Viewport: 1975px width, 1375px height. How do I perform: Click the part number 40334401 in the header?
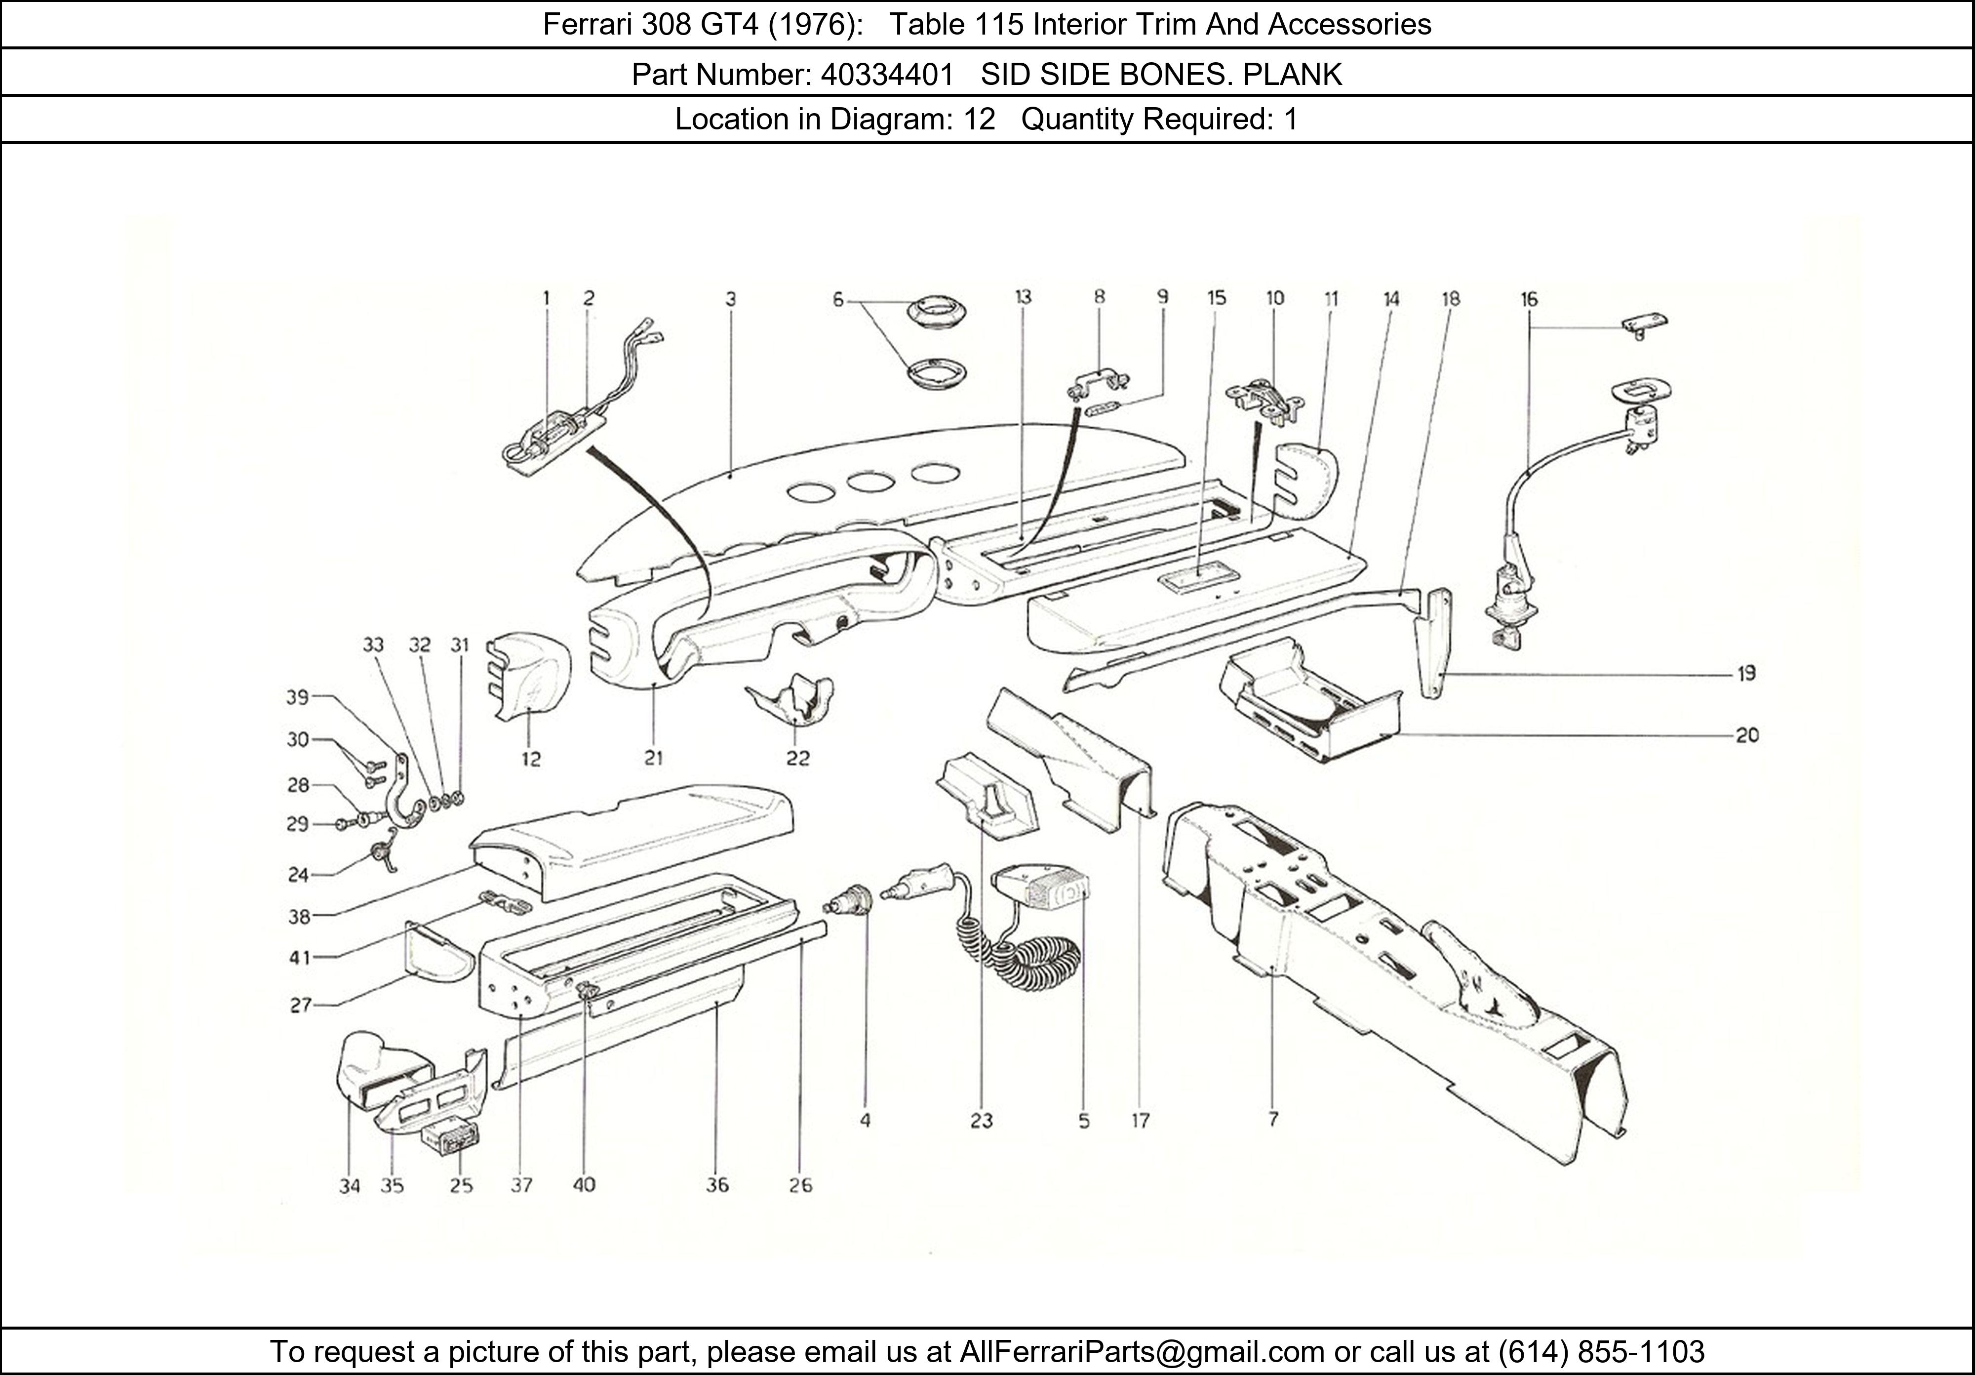tap(887, 75)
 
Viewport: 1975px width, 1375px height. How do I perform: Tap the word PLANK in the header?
tap(1292, 75)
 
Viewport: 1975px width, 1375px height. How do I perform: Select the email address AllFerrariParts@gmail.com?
tap(1142, 1352)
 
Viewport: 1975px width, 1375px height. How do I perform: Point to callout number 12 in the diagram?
tap(531, 759)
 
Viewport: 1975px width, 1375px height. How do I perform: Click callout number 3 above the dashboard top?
tap(730, 299)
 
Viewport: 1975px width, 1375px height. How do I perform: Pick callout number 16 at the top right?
tap(1529, 299)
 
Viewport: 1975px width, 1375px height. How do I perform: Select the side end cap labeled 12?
tap(526, 676)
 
